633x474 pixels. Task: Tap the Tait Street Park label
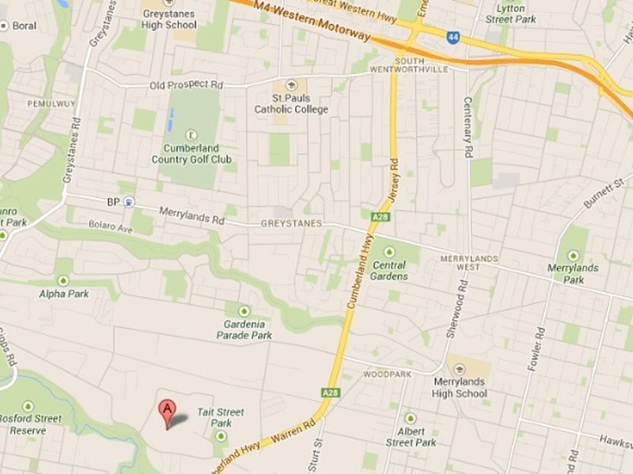point(221,417)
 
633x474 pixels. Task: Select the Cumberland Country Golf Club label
point(191,153)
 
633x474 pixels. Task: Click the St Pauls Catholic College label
point(290,103)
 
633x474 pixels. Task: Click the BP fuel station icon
point(129,202)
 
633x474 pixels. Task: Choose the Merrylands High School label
point(460,387)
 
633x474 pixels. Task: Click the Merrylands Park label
point(574,273)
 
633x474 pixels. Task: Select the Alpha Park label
point(63,294)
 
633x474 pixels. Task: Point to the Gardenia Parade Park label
point(244,329)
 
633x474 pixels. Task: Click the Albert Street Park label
point(410,437)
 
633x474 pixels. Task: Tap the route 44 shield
point(453,37)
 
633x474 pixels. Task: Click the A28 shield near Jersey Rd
point(378,215)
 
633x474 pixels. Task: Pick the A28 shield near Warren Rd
point(331,392)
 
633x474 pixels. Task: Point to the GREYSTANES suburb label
point(292,224)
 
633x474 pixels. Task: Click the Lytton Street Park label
point(510,13)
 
